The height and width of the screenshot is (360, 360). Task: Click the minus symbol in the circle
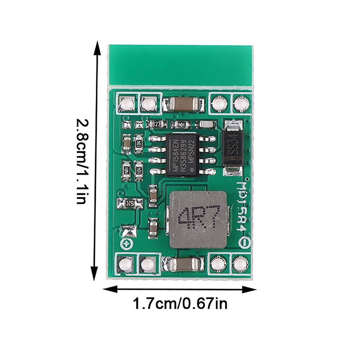[244, 243]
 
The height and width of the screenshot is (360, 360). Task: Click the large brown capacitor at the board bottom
[182, 264]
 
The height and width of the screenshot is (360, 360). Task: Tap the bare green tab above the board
[180, 65]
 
